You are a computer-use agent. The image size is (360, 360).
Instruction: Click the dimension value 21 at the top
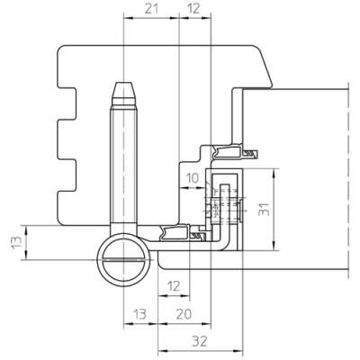(x=151, y=9)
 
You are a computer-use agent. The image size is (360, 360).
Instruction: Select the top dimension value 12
(x=193, y=9)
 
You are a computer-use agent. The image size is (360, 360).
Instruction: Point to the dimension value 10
(x=193, y=178)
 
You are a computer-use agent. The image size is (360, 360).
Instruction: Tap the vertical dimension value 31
(x=265, y=209)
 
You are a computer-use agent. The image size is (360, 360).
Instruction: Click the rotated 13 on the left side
(x=16, y=242)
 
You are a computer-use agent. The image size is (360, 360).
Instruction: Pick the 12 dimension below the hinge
(x=174, y=286)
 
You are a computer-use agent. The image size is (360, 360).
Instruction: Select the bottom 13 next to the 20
(x=139, y=314)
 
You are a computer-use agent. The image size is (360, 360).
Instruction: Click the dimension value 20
(x=184, y=314)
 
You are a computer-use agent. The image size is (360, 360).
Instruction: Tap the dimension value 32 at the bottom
(x=200, y=341)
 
